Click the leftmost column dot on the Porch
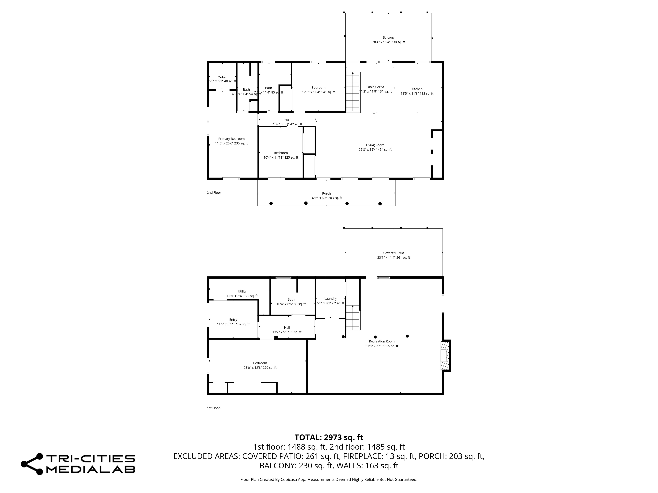271,203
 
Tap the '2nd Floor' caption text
214,193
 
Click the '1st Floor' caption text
213,408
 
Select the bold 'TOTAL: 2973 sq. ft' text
329,437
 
